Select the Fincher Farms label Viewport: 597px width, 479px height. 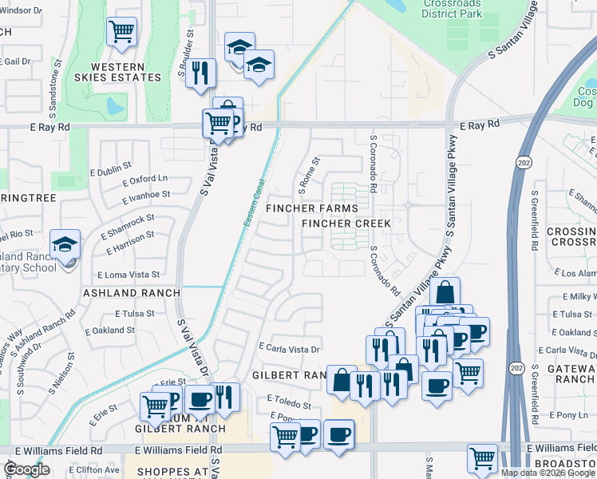[x=312, y=208]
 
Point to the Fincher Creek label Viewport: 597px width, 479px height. [x=346, y=224]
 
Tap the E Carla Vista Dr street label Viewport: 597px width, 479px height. [x=290, y=349]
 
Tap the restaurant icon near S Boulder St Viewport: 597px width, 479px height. [x=200, y=73]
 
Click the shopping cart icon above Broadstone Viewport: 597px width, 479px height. [x=482, y=457]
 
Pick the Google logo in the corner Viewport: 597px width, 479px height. [x=28, y=470]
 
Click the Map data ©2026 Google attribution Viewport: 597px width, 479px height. [x=548, y=473]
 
